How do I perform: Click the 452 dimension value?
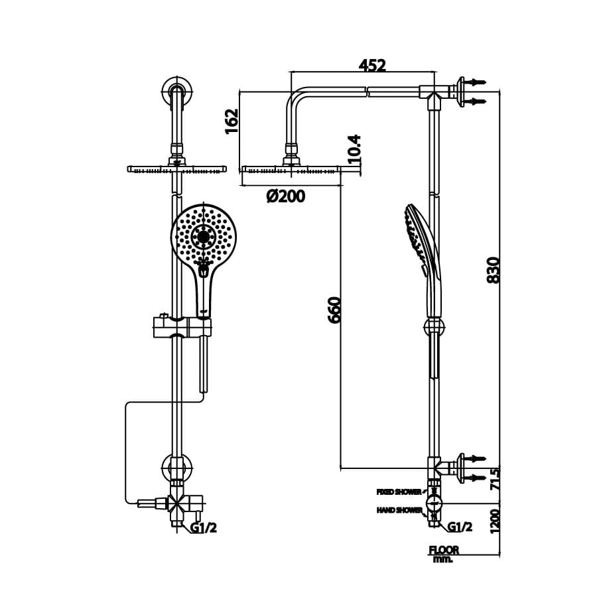[x=372, y=65]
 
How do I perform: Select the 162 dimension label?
[x=232, y=121]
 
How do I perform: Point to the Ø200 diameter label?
[x=286, y=196]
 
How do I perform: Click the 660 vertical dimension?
[x=334, y=309]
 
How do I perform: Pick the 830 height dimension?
[x=494, y=269]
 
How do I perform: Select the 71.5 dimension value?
[x=494, y=478]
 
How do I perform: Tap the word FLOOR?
[x=444, y=549]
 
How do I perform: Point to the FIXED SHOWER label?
[x=399, y=492]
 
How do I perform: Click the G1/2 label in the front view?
[x=204, y=527]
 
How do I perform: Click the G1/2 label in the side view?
[x=460, y=527]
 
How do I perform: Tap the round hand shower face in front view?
[x=204, y=236]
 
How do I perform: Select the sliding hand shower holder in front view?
[x=182, y=326]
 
